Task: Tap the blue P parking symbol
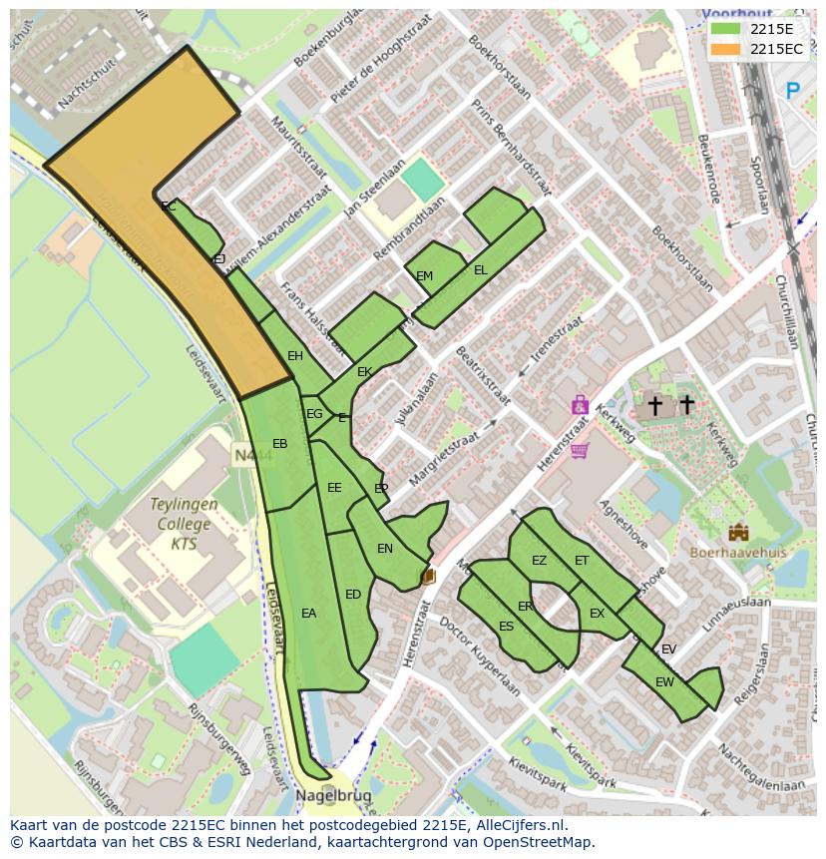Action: (793, 92)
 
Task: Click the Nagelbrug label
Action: (333, 795)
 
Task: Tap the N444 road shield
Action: (244, 455)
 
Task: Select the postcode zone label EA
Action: (308, 614)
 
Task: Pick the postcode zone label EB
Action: (280, 444)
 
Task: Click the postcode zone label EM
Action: (425, 276)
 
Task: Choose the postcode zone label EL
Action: (481, 270)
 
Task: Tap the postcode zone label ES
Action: (506, 627)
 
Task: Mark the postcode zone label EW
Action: (664, 682)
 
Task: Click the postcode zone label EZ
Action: (539, 561)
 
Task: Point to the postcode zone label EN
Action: (385, 549)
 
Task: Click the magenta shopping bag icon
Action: (580, 405)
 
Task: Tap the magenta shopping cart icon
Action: (580, 450)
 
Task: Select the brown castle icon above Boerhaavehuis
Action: (738, 532)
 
